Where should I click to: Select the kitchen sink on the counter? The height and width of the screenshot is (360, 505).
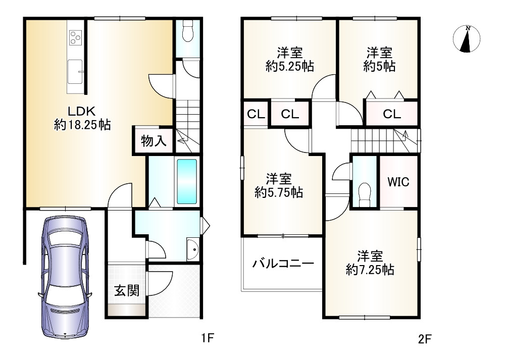(76, 69)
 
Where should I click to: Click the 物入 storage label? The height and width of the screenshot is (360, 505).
(153, 141)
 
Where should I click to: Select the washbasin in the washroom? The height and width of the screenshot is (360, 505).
(192, 248)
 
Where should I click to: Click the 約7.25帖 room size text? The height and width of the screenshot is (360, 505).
(370, 270)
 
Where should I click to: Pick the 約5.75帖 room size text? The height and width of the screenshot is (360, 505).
(279, 192)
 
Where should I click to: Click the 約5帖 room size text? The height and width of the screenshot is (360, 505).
(379, 66)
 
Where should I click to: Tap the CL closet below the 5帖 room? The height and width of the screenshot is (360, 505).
(391, 114)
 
